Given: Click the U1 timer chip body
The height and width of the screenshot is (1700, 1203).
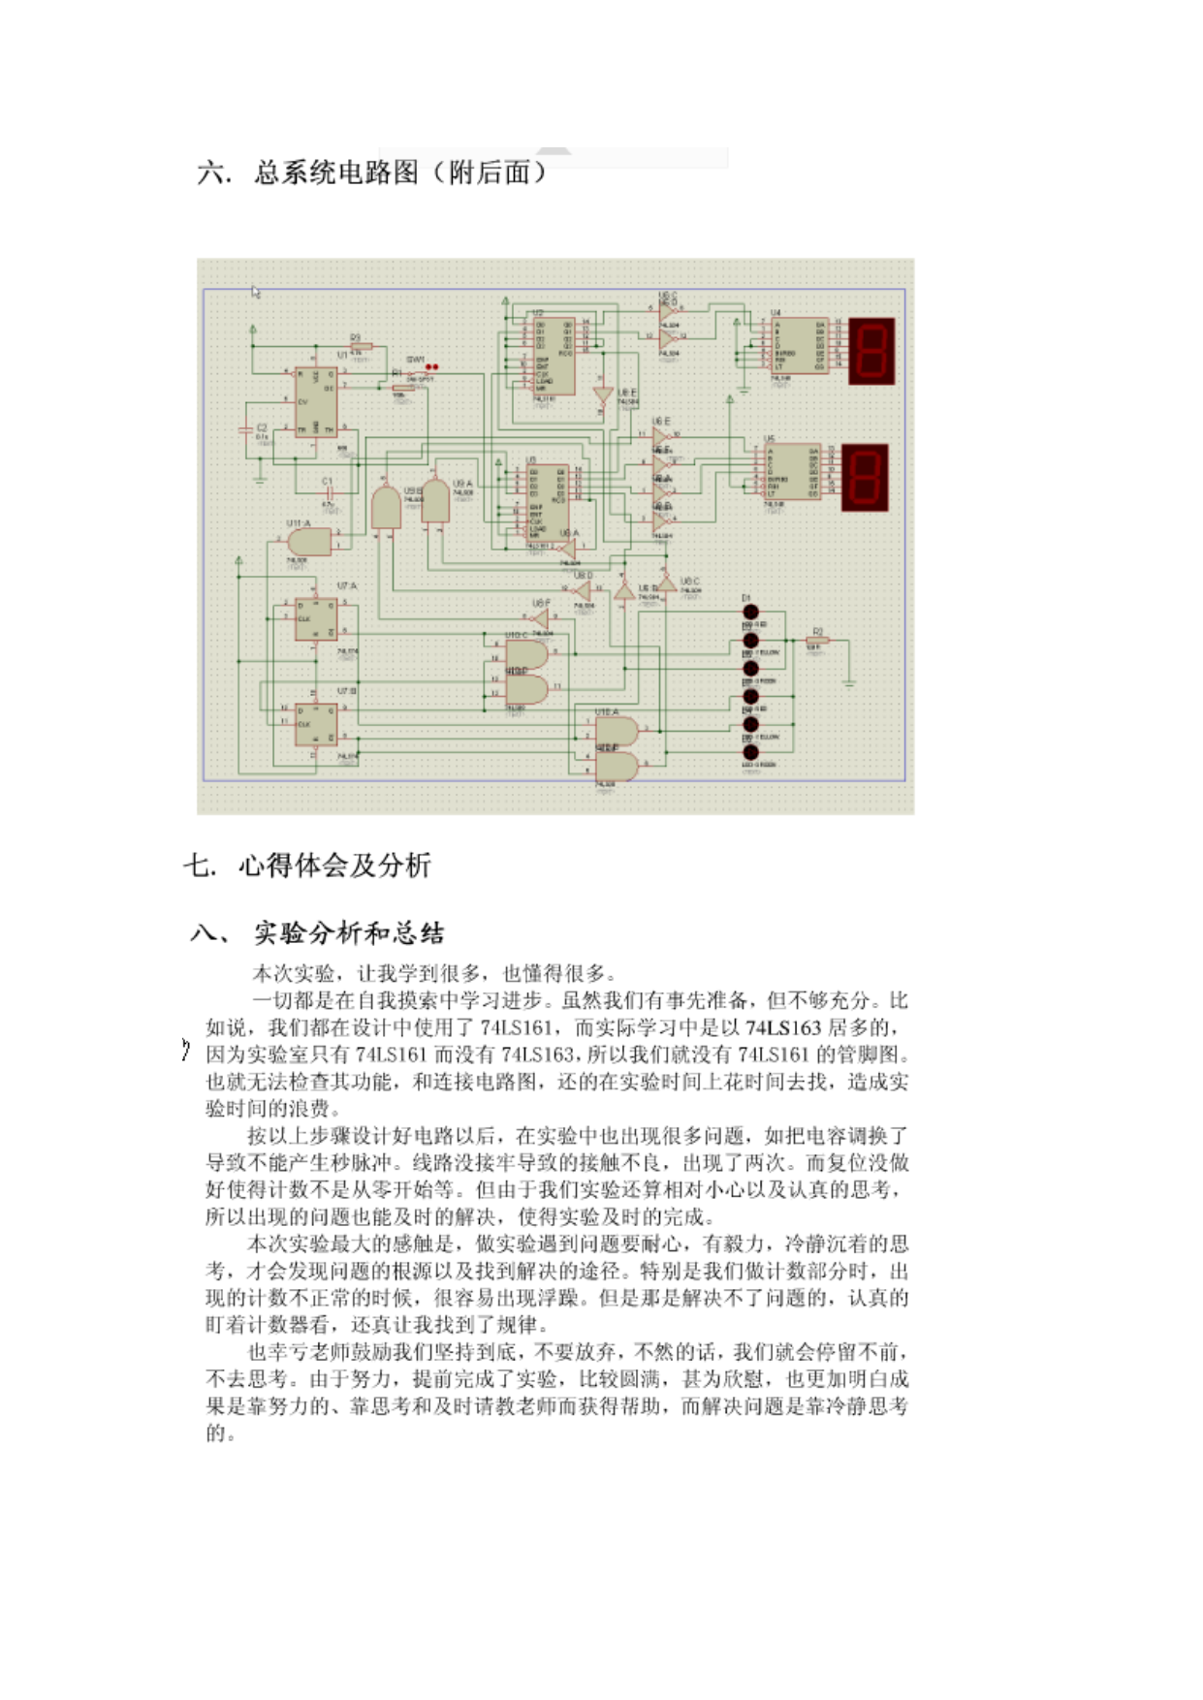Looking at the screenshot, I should pos(316,401).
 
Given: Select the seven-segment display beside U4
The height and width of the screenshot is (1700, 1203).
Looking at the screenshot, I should pos(871,350).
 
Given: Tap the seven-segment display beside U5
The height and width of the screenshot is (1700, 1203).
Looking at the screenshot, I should pos(865,477).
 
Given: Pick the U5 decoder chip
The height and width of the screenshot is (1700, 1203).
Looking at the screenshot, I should pos(792,472).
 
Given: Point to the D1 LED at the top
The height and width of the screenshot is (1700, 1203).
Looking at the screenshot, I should pos(749,613).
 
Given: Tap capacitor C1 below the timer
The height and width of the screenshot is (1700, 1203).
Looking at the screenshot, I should pos(329,491).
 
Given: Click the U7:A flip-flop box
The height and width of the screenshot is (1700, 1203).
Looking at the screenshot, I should pos(316,620).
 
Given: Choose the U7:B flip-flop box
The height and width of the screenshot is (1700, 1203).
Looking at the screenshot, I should pos(316,723).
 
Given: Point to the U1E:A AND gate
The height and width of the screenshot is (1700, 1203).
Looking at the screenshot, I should pos(617,731).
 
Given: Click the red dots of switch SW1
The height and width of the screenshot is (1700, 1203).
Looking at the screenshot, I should pos(431,367).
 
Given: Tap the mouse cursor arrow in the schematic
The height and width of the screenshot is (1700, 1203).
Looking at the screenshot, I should pos(256,292).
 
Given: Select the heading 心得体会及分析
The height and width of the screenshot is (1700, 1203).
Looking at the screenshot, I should pos(334,865).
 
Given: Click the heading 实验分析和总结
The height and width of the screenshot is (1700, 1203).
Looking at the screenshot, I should pos(349,933).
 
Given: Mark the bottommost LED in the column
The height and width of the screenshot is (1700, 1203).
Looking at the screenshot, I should pos(749,752).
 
